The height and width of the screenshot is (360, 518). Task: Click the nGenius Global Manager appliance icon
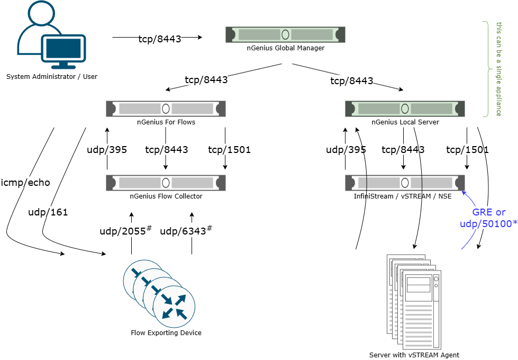[285, 35]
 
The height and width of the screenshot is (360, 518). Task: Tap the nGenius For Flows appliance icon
[166, 109]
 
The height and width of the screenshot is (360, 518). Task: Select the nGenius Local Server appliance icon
[405, 109]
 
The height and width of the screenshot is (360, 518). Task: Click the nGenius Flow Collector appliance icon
[166, 183]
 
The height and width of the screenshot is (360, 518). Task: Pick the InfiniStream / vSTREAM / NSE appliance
[405, 183]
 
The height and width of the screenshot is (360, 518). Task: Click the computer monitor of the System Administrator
[63, 50]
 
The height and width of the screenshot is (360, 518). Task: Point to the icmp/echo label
[26, 183]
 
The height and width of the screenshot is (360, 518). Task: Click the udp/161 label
[48, 212]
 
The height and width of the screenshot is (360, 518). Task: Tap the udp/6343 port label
[186, 231]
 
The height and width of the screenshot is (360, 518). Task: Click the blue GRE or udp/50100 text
[489, 218]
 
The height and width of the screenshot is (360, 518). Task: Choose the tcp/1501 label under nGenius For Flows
[229, 150]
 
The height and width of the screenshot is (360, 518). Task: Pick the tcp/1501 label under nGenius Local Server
[467, 150]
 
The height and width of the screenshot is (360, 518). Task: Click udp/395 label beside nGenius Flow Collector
[107, 150]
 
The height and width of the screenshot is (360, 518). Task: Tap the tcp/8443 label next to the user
[160, 39]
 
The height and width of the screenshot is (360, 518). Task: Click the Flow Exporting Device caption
[166, 333]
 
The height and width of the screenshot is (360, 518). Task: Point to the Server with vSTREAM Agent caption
[414, 355]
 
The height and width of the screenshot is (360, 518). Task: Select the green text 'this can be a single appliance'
[499, 69]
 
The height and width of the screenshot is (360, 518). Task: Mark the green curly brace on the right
[486, 69]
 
